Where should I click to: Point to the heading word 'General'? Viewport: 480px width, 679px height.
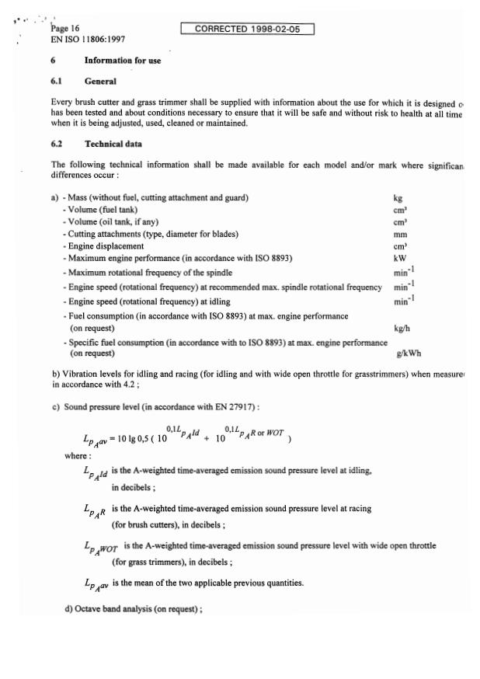(x=100, y=81)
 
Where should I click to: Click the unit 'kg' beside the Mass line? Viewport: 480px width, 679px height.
(x=399, y=199)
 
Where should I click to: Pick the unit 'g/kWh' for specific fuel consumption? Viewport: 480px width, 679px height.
(x=405, y=353)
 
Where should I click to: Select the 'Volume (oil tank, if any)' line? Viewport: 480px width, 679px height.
(x=119, y=221)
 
